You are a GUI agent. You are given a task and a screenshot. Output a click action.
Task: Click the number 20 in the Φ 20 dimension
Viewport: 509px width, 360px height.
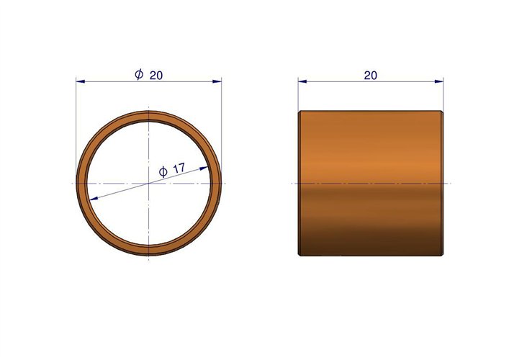156,76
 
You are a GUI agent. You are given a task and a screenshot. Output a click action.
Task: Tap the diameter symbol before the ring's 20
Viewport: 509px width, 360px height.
139,74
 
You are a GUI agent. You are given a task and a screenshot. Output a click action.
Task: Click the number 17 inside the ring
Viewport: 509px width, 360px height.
179,168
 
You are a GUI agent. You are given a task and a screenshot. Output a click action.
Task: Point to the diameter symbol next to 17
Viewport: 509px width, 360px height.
163,172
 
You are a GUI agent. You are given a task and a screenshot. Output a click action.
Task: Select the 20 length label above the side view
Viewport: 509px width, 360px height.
370,76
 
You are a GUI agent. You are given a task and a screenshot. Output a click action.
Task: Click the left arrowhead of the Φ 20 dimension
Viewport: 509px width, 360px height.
81,81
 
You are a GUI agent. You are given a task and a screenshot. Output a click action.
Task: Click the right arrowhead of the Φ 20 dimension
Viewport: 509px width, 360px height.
217,81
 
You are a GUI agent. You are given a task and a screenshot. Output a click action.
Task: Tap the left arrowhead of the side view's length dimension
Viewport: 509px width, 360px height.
302,81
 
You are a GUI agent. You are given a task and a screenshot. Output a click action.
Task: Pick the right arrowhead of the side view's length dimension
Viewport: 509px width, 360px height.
439,81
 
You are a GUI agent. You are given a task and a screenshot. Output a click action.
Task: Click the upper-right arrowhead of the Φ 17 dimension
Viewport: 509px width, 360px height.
204,168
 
